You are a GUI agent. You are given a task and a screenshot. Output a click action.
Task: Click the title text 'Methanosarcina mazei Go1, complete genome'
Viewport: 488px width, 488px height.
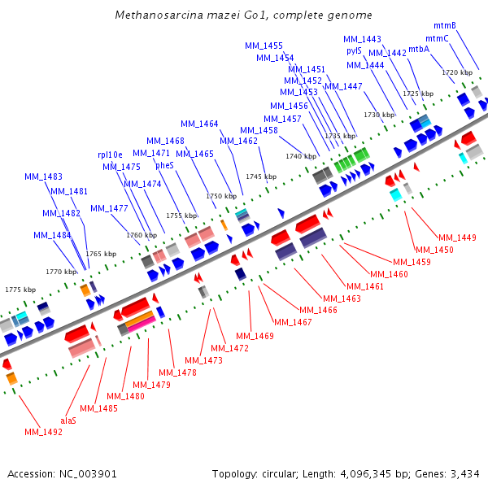click(244, 15)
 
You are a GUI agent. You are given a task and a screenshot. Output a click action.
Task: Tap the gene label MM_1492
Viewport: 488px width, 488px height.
click(43, 432)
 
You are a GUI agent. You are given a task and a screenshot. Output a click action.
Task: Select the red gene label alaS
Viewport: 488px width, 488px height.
click(68, 420)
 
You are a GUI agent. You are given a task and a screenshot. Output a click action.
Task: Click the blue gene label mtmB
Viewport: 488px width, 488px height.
click(444, 25)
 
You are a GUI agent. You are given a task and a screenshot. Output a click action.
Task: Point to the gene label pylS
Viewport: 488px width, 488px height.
click(354, 50)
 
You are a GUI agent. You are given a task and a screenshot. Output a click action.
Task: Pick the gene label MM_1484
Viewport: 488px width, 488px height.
click(52, 235)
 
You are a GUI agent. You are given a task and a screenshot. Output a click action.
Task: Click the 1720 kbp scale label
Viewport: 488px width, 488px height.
click(456, 72)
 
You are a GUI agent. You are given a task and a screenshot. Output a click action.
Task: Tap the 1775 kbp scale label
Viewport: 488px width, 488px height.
click(20, 290)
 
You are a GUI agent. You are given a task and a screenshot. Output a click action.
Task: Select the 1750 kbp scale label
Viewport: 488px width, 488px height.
click(220, 196)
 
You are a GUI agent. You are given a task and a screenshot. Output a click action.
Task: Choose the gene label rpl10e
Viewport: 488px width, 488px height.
click(110, 154)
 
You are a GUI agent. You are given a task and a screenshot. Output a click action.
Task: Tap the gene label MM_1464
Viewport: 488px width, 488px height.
click(199, 124)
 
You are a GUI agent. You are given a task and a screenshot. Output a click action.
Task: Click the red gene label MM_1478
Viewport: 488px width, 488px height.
click(177, 373)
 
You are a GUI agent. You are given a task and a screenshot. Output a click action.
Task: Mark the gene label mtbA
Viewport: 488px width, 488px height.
click(418, 49)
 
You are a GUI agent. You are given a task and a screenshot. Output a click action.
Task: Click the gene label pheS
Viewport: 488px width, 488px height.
click(164, 165)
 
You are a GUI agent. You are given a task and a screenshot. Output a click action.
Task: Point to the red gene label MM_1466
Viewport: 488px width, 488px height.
click(316, 310)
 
